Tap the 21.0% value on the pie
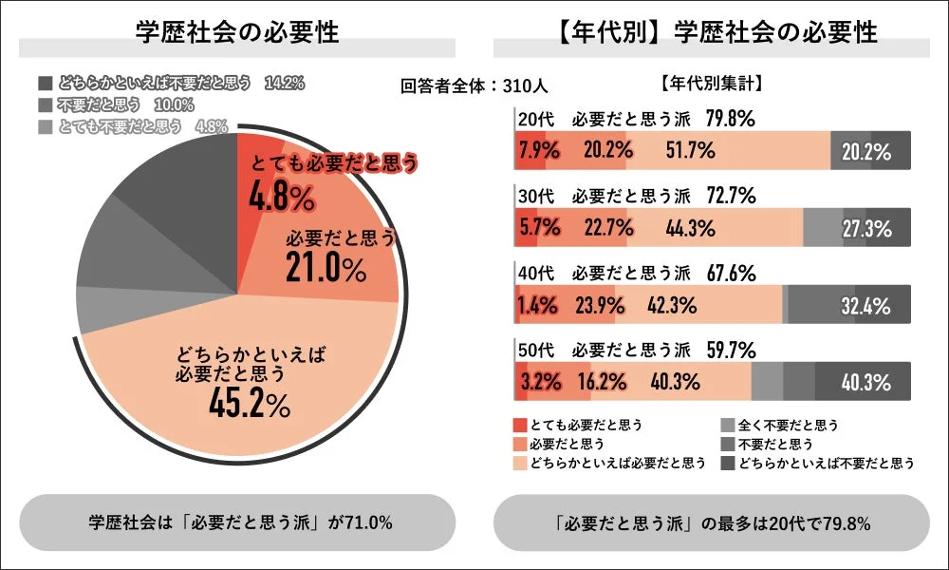pyautogui.click(x=326, y=270)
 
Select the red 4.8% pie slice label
pyautogui.click(x=282, y=198)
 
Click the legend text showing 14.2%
pyautogui.click(x=286, y=83)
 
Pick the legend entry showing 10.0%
pyautogui.click(x=177, y=104)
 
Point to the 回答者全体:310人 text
pyautogui.click(x=474, y=85)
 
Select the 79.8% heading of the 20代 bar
pyautogui.click(x=731, y=119)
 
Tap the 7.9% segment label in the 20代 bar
pyautogui.click(x=538, y=149)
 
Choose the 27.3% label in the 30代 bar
pyautogui.click(x=866, y=229)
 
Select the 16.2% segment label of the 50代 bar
pyautogui.click(x=601, y=383)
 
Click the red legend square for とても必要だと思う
pyautogui.click(x=519, y=424)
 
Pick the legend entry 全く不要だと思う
pyautogui.click(x=784, y=425)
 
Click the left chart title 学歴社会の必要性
pyautogui.click(x=237, y=32)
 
